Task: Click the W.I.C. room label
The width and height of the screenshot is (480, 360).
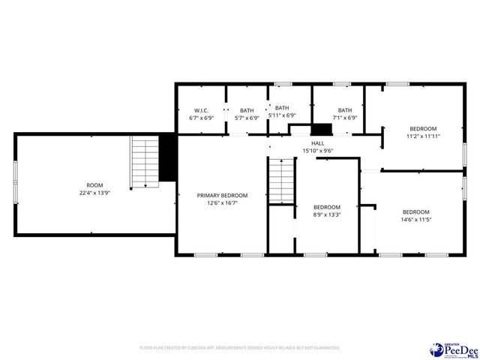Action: tap(200, 110)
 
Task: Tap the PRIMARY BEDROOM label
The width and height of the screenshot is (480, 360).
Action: tap(222, 195)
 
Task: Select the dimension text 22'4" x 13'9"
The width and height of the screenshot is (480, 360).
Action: tap(94, 193)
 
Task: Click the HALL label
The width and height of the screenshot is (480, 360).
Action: tap(318, 142)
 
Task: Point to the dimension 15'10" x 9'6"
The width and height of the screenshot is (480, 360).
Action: tap(318, 151)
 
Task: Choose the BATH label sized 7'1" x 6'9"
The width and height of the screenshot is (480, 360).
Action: tap(345, 110)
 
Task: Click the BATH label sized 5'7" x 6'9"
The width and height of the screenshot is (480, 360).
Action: tap(247, 110)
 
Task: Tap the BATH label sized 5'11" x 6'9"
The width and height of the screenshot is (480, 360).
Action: tap(282, 107)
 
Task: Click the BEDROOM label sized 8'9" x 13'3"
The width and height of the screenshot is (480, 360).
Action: tap(327, 207)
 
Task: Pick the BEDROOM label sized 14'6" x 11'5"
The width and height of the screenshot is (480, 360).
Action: tap(416, 211)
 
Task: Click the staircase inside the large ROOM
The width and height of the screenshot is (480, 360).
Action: tap(144, 162)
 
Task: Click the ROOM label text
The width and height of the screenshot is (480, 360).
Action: tap(94, 184)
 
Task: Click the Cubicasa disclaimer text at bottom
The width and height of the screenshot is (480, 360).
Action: tap(240, 348)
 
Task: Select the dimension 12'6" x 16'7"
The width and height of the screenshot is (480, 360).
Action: tap(222, 202)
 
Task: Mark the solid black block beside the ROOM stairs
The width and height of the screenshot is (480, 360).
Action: tap(169, 157)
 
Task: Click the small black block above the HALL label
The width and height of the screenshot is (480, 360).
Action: tap(322, 129)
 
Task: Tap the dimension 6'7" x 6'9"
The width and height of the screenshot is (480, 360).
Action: tap(200, 118)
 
